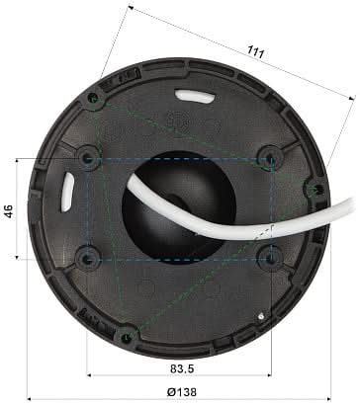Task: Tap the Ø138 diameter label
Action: coord(180,392)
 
